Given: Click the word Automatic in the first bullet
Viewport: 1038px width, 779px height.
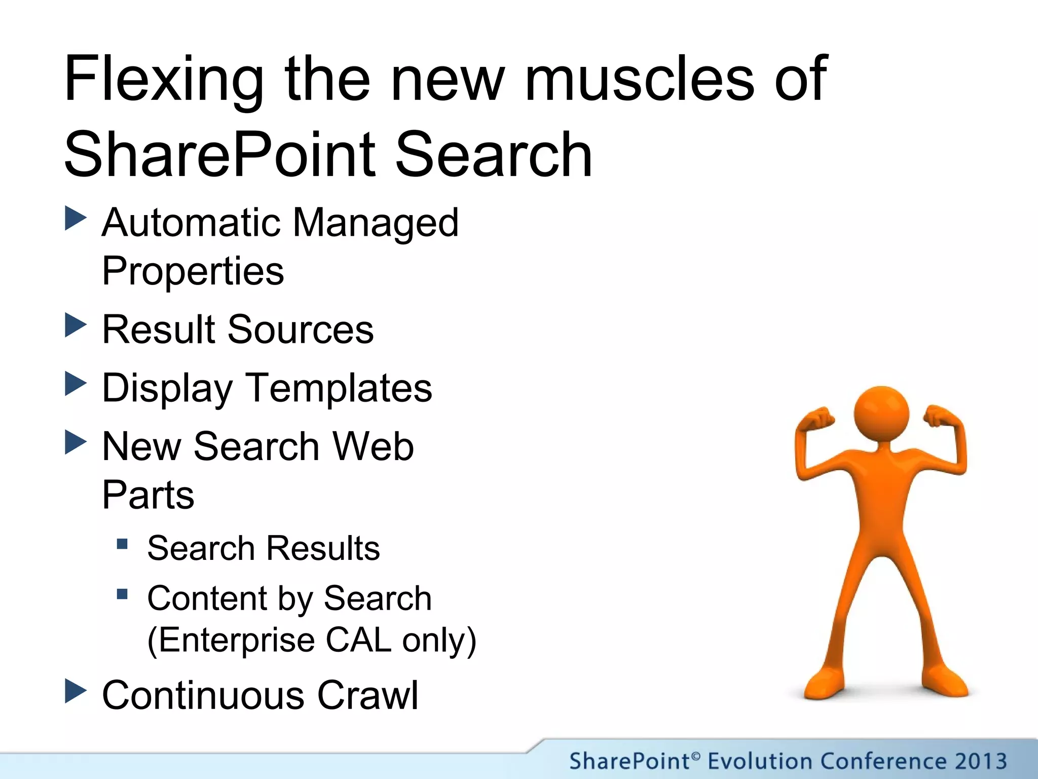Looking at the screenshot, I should point(191,223).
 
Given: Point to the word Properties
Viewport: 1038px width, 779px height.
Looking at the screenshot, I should point(193,271).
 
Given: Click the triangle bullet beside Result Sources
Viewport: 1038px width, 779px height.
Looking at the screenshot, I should point(76,326).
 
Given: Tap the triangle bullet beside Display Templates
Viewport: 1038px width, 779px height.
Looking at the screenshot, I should point(76,384).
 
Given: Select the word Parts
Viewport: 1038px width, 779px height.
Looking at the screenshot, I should point(148,495).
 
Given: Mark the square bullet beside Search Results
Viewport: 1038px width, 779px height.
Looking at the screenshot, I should point(122,544).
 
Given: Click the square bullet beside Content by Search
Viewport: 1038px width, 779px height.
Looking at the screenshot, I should point(122,594).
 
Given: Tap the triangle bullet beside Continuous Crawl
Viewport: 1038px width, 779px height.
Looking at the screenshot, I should point(76,691).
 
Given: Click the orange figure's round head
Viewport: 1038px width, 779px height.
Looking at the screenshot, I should point(881,413).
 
